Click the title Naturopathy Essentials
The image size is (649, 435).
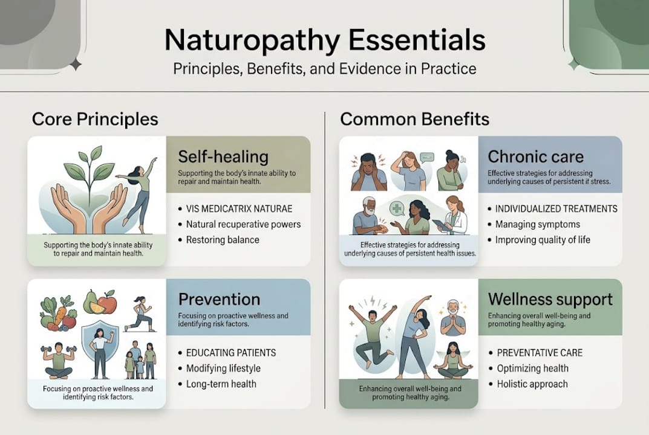(x=325, y=40)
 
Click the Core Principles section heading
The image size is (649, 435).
(x=95, y=119)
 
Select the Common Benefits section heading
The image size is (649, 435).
(x=415, y=119)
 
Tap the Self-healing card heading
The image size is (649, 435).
(x=223, y=157)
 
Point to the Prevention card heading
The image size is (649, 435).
(x=219, y=299)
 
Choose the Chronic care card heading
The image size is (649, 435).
(x=535, y=156)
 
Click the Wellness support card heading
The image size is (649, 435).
(x=550, y=299)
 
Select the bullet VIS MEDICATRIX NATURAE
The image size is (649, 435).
(x=239, y=208)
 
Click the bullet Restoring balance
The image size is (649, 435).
(x=223, y=240)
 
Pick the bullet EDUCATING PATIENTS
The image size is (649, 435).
(x=231, y=353)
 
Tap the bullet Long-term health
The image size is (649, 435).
(x=221, y=384)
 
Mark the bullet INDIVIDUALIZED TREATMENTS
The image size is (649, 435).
(x=556, y=208)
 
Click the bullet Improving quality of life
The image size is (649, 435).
(x=543, y=240)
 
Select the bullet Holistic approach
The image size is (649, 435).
(x=532, y=384)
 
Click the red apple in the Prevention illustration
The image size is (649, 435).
(x=107, y=303)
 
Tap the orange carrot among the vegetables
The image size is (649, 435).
(x=60, y=317)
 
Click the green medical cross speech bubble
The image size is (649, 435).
(x=397, y=208)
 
